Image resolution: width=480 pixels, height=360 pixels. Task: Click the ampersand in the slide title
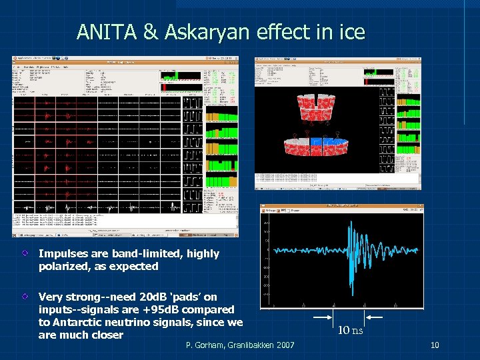tap(149, 32)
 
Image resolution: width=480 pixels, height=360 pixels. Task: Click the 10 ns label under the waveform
tap(350, 329)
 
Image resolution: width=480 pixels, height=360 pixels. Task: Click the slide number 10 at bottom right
tap(435, 345)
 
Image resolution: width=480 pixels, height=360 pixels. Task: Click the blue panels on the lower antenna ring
tap(323, 142)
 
